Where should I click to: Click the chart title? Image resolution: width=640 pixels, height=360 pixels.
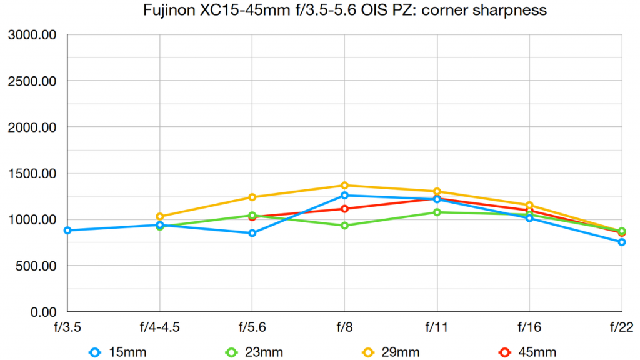(319, 11)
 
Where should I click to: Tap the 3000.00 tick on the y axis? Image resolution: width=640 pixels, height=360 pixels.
(32, 35)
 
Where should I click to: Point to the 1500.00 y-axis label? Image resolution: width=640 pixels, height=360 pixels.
(32, 174)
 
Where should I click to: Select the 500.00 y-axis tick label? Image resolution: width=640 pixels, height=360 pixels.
(36, 266)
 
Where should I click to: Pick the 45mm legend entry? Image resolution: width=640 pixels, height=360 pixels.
(528, 352)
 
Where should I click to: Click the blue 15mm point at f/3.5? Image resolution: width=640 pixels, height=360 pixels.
(67, 231)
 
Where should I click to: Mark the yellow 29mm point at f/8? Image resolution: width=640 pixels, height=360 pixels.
(344, 186)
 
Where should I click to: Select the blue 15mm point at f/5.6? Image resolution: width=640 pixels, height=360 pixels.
(252, 233)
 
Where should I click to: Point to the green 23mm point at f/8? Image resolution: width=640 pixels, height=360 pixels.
(344, 226)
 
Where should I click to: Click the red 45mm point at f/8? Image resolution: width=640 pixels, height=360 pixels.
(344, 209)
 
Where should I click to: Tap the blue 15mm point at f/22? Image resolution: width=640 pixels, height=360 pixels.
(622, 242)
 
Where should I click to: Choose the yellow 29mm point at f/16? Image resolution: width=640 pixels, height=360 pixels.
(529, 206)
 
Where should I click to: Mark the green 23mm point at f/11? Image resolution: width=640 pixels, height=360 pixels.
(437, 212)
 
